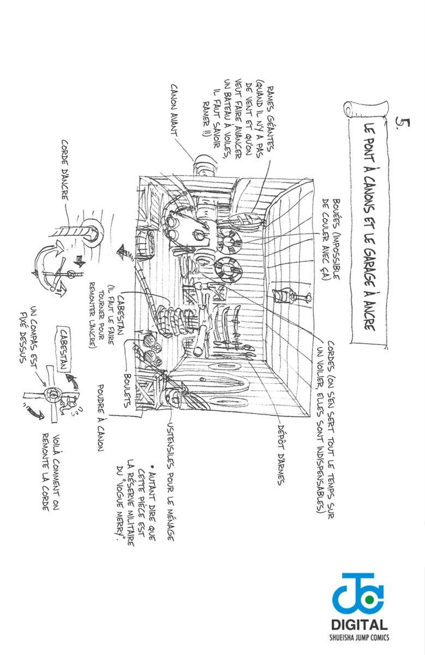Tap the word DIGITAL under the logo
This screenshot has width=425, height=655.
tap(361, 626)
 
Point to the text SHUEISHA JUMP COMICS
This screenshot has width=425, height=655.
tap(361, 638)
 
